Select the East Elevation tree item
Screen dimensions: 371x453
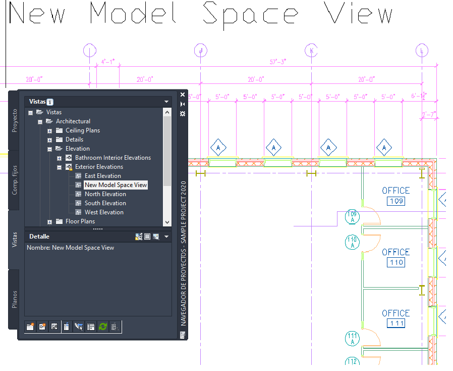click(x=102, y=176)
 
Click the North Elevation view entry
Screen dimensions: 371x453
click(x=105, y=194)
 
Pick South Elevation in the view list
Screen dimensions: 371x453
click(x=105, y=203)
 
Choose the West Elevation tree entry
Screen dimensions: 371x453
click(x=104, y=212)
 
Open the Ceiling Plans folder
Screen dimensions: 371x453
click(x=82, y=130)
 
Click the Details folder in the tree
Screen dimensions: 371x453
click(x=74, y=140)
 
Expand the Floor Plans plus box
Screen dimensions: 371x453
click(x=50, y=222)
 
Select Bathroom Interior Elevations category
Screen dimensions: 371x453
click(x=112, y=158)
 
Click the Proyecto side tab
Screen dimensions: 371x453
click(x=15, y=120)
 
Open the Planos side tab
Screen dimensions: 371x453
click(x=15, y=299)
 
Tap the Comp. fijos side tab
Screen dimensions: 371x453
click(x=15, y=179)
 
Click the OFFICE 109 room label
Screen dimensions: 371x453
click(x=396, y=191)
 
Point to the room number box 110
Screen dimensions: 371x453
click(x=396, y=262)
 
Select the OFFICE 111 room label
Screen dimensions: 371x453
click(x=396, y=313)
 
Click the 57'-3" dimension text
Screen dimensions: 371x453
click(x=278, y=62)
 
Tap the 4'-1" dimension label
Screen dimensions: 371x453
click(x=108, y=62)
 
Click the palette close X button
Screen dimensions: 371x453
click(x=183, y=95)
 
